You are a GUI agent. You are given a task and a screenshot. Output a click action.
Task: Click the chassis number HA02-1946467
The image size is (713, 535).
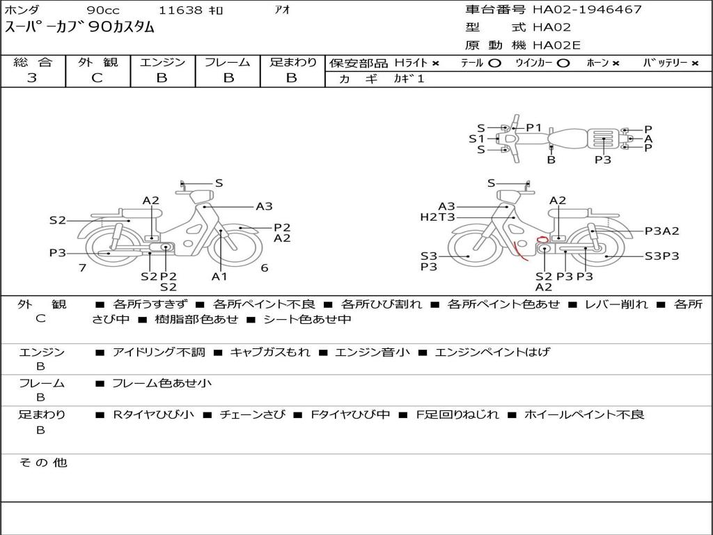click(587, 10)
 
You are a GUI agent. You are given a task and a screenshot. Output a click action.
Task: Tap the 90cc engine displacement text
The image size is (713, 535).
click(103, 10)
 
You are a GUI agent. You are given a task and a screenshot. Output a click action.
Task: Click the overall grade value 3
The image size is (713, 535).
click(32, 78)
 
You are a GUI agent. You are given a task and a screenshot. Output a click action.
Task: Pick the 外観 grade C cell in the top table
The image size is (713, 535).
click(97, 78)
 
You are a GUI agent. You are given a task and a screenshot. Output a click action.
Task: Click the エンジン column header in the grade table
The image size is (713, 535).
click(162, 62)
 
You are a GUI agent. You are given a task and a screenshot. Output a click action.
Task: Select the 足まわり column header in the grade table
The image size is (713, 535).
click(293, 62)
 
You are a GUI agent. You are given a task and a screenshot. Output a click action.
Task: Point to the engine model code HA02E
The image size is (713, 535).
click(556, 45)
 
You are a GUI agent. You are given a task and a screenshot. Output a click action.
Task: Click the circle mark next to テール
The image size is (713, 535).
click(495, 63)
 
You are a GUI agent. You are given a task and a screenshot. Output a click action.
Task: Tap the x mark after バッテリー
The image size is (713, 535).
click(695, 63)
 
